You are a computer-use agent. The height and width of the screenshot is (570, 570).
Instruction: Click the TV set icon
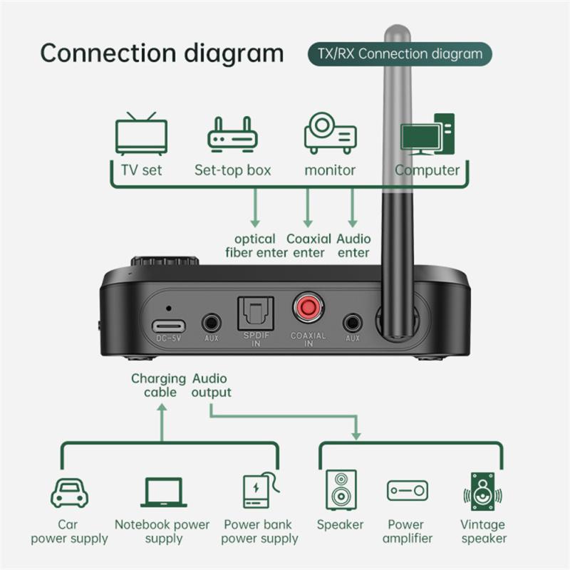click(141, 133)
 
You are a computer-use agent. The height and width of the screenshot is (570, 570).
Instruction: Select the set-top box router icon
click(232, 134)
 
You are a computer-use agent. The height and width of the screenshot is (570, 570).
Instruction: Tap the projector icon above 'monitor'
click(330, 133)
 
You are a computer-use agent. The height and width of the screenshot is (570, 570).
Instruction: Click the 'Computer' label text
click(427, 170)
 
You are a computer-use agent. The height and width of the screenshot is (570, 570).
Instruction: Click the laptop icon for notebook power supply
click(163, 492)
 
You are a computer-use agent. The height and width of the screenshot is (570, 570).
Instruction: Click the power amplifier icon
click(407, 491)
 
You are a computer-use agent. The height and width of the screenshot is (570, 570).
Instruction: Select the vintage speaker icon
click(484, 491)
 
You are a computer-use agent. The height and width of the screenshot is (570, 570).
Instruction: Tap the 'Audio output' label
click(211, 386)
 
